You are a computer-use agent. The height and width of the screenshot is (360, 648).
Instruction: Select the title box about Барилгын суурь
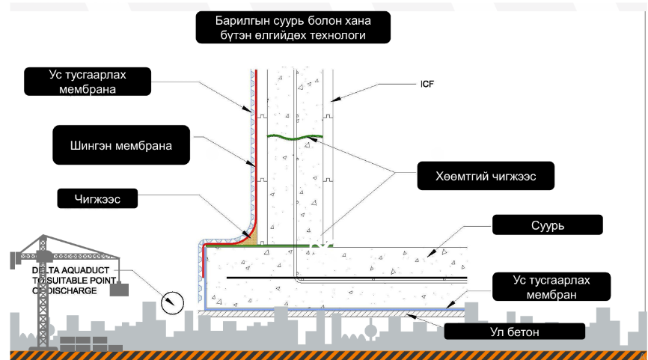click(x=292, y=28)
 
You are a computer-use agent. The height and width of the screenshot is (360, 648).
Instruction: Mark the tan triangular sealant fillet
click(x=251, y=235)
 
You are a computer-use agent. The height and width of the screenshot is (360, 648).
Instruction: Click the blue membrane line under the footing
click(x=337, y=308)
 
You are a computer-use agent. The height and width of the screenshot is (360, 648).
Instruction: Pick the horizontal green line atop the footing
click(x=284, y=245)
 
